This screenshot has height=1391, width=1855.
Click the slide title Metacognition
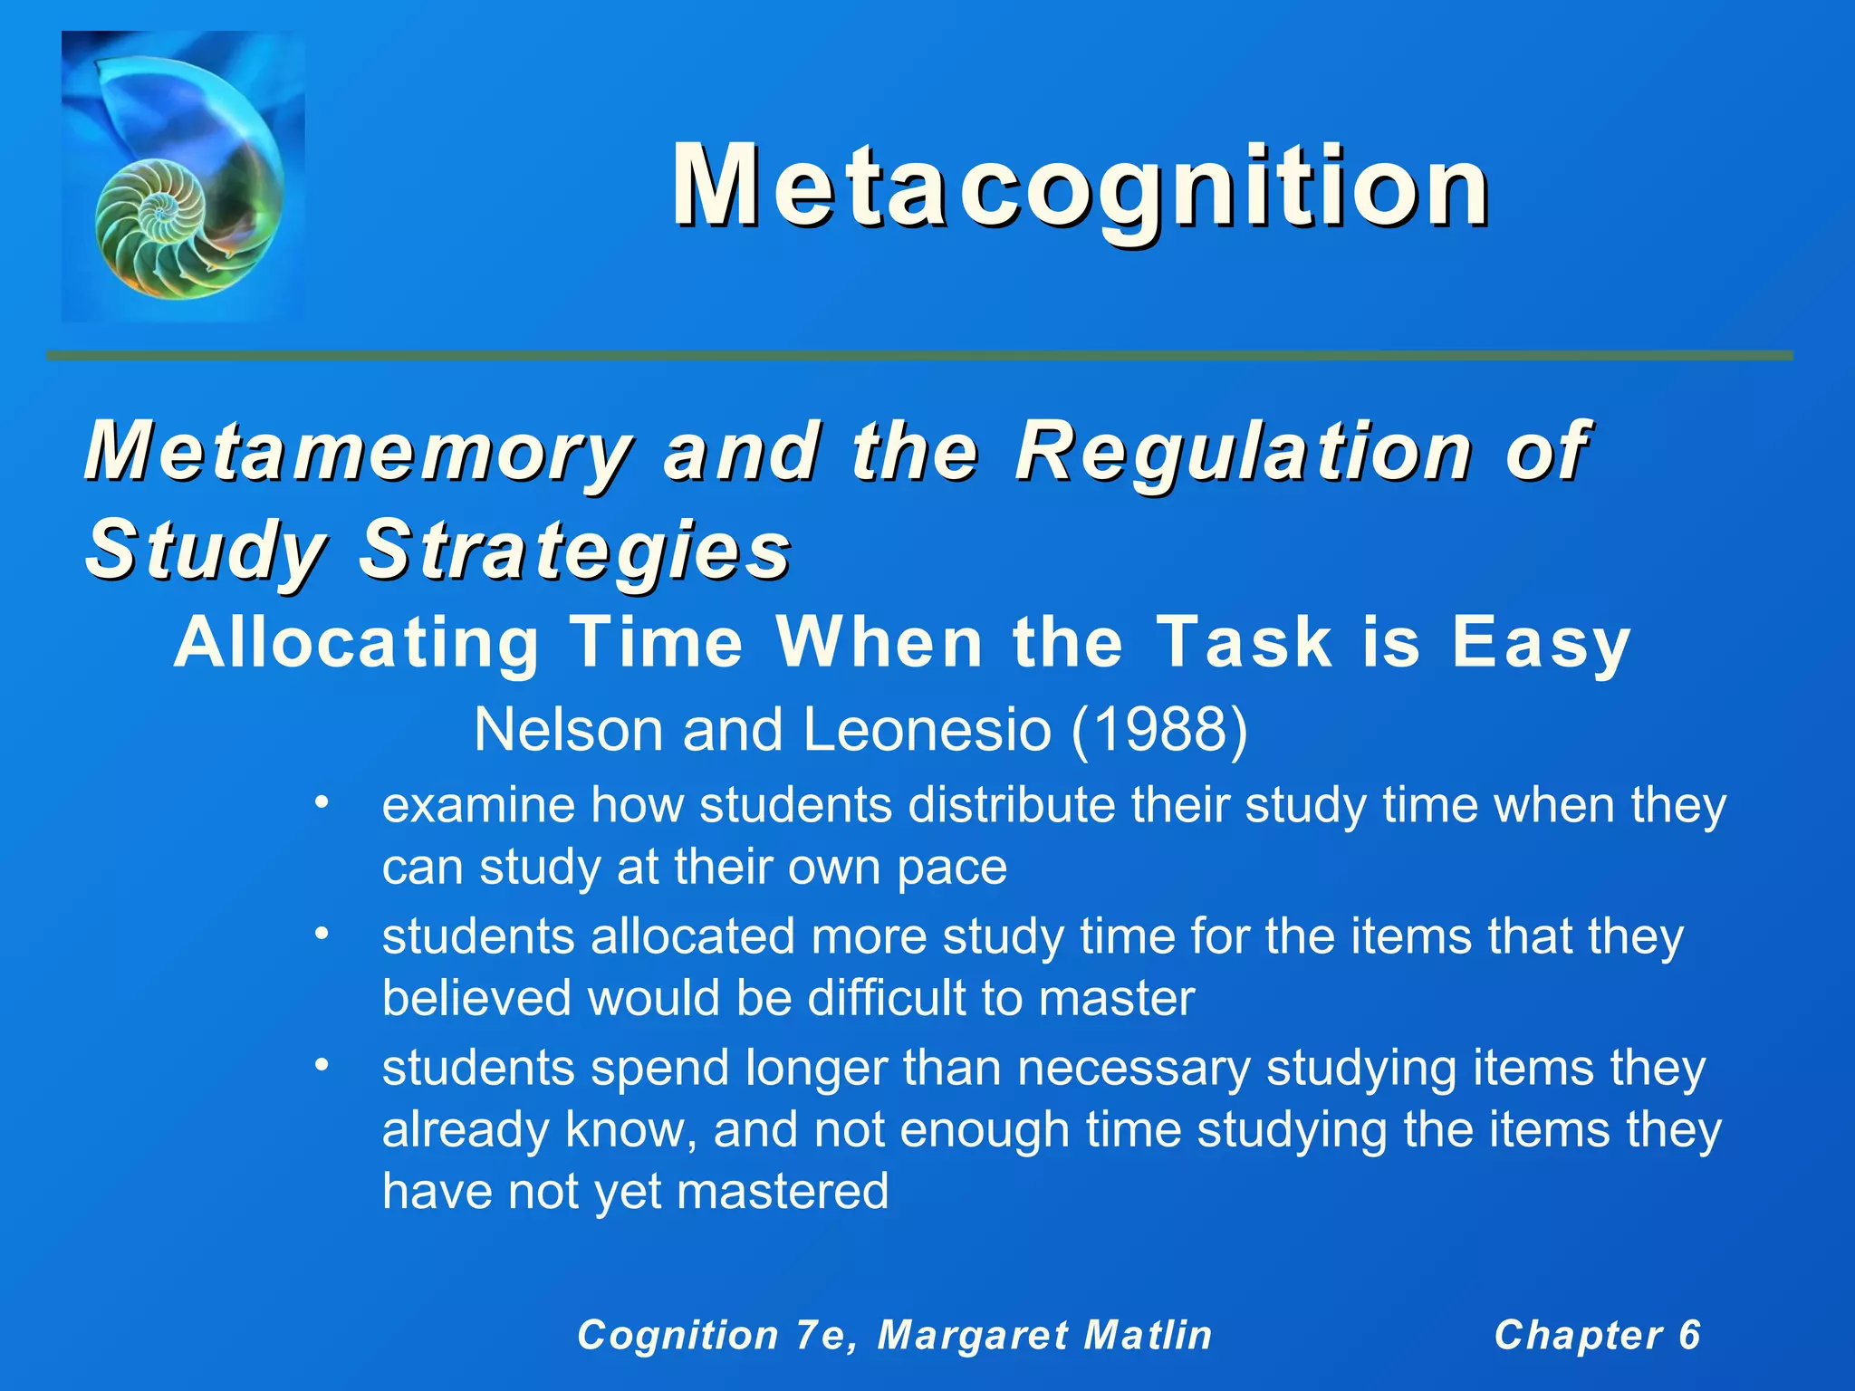tap(1080, 187)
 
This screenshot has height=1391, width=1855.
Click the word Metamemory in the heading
tap(357, 452)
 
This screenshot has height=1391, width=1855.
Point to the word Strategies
tap(575, 550)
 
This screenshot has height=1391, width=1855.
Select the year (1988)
tap(1158, 729)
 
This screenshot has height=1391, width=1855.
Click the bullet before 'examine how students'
tap(321, 802)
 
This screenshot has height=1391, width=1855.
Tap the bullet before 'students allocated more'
tap(321, 933)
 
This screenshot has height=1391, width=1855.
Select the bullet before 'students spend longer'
tap(321, 1065)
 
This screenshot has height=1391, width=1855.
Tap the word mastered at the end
tap(783, 1191)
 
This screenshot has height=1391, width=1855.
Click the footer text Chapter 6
tap(1597, 1335)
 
